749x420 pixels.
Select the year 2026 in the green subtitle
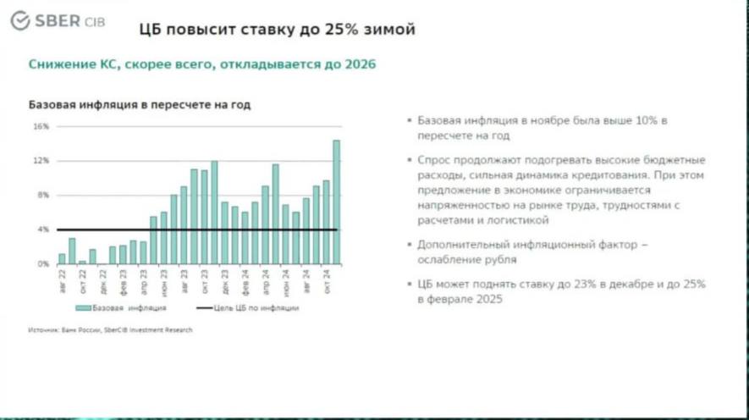359,64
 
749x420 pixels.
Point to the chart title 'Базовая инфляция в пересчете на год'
140,104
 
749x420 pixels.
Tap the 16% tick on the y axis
41,126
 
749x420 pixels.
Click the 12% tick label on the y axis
41,161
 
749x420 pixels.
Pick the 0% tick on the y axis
43,264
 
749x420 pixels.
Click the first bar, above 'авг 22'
62,258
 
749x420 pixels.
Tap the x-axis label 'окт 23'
204,279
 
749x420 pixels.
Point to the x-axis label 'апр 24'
265,279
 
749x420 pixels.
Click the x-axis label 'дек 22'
102,279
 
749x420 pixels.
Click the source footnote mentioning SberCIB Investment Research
110,329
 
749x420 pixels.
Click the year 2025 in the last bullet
485,299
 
